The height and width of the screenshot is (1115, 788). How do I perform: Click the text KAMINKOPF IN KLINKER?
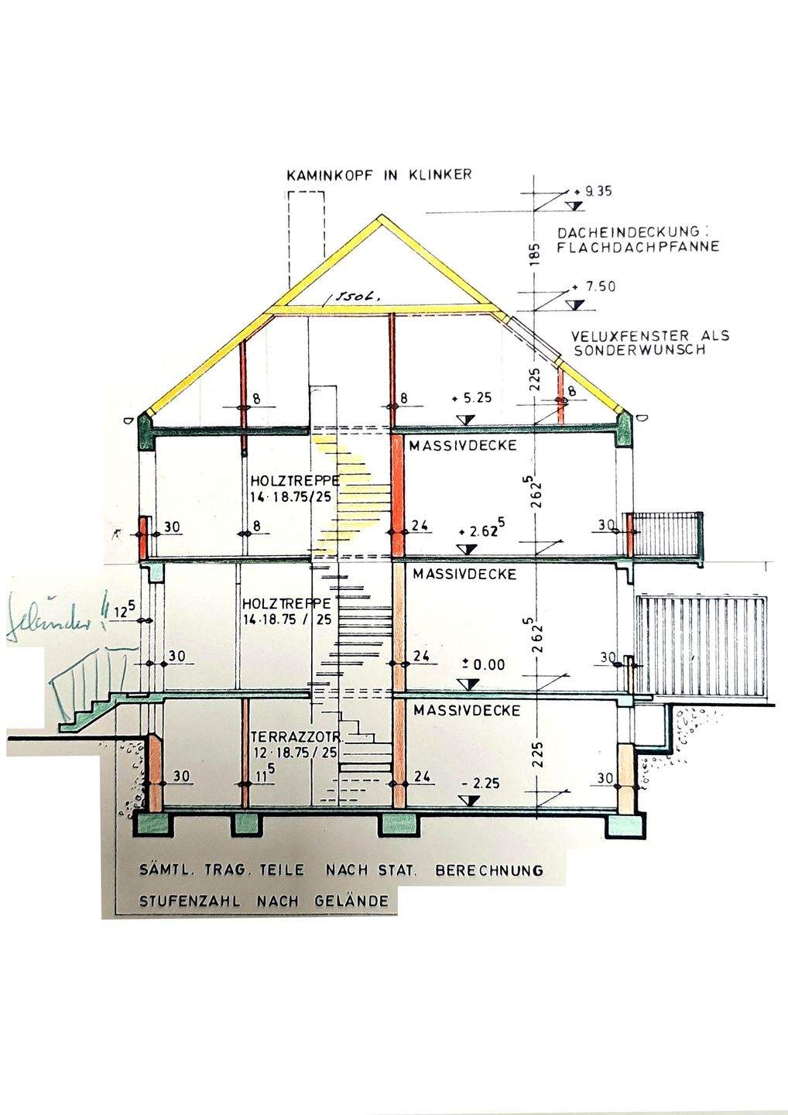coord(379,175)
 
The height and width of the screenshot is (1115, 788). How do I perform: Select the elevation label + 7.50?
coord(595,286)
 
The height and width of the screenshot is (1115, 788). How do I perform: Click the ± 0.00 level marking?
coord(483,664)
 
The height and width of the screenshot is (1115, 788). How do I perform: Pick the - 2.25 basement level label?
coord(480,783)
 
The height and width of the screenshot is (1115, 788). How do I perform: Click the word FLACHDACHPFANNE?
coord(638,247)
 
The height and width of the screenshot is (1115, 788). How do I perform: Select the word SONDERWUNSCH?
coord(639,350)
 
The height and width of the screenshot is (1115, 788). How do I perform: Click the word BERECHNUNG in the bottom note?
coord(489,870)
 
